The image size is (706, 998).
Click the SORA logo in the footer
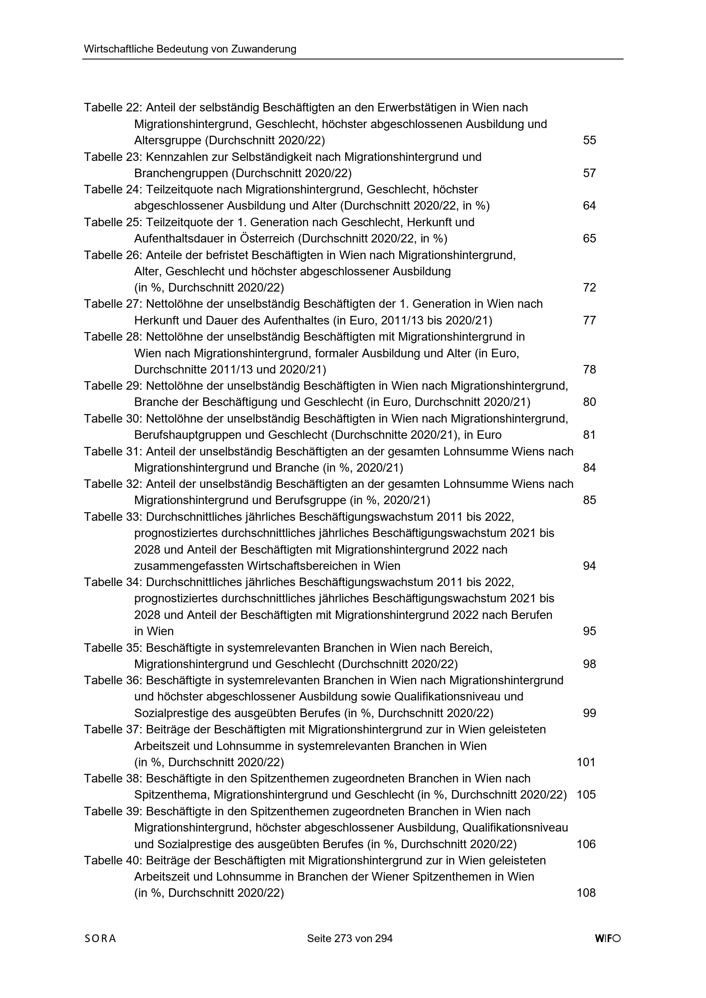point(100,951)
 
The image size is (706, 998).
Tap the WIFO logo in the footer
point(608,951)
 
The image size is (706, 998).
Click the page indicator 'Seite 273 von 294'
point(350,951)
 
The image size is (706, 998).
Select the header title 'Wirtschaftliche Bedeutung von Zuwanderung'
point(190,49)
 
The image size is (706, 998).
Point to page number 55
point(589,140)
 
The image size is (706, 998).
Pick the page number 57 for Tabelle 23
point(589,173)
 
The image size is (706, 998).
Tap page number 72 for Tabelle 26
point(589,288)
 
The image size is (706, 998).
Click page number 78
point(589,370)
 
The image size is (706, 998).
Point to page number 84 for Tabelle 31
point(589,468)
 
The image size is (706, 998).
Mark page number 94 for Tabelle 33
point(589,566)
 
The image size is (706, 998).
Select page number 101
point(586,762)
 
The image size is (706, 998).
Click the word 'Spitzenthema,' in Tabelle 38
point(172,795)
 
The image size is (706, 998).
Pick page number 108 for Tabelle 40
point(586,893)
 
